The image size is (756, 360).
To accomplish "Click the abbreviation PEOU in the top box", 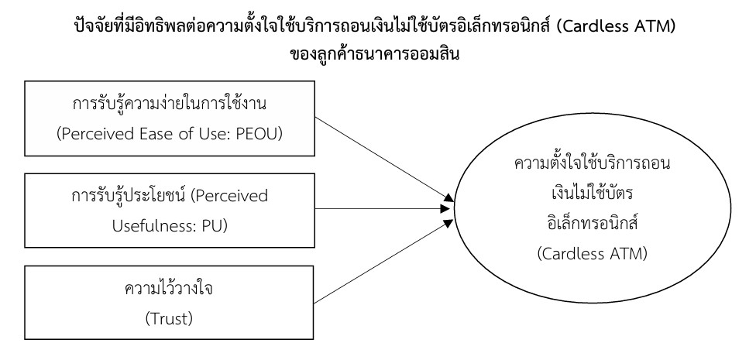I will (256, 132).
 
